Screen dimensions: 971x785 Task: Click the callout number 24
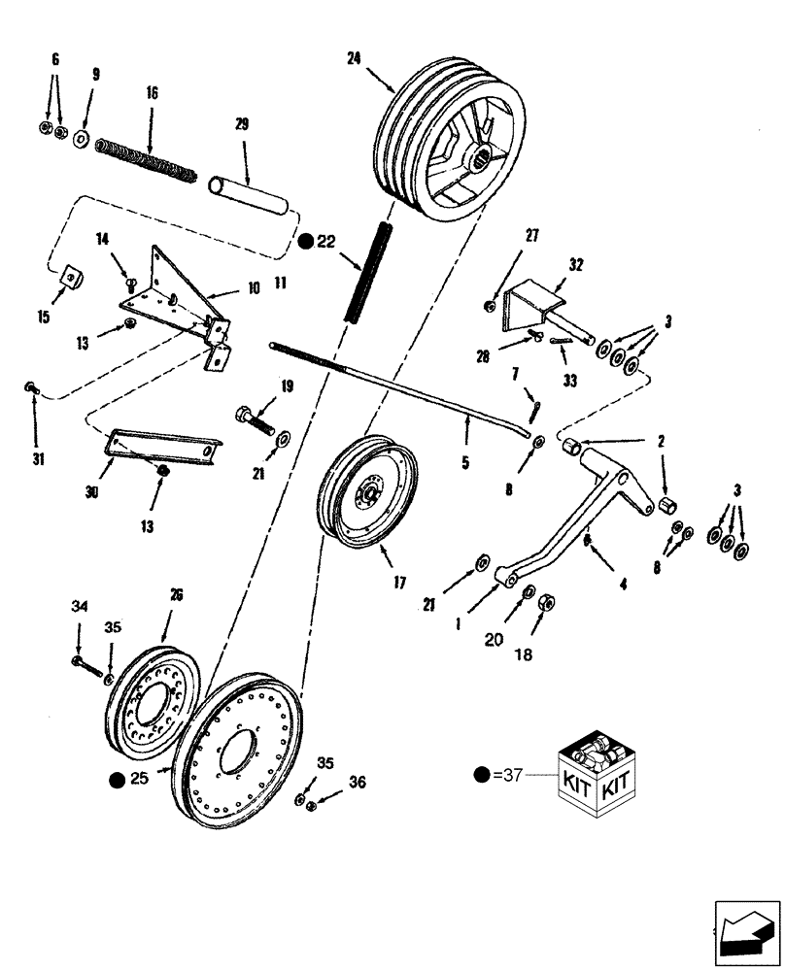tap(353, 57)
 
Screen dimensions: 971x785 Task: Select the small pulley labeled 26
tap(153, 694)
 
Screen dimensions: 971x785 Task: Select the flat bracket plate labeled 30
tap(162, 449)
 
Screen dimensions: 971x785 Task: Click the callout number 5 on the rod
tap(464, 464)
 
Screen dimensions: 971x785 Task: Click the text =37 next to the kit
tap(504, 774)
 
